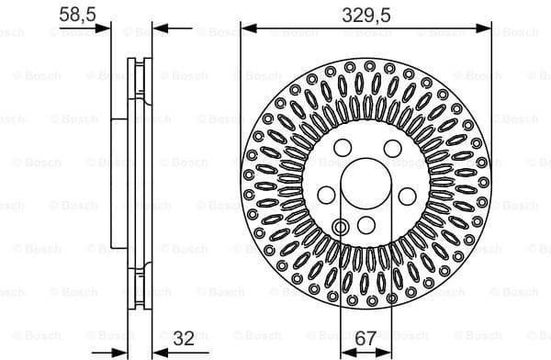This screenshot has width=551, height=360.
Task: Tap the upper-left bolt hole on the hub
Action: [x=343, y=148]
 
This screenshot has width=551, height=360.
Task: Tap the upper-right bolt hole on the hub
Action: [x=392, y=148]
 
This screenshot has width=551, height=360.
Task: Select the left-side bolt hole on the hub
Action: [x=326, y=195]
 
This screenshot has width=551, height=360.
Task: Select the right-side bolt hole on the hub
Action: [x=408, y=195]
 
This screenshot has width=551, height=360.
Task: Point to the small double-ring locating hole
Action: [x=342, y=226]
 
